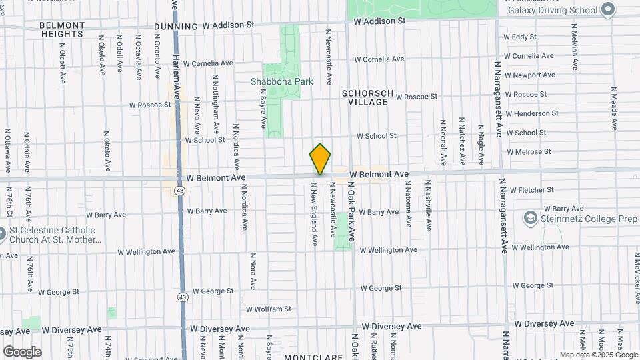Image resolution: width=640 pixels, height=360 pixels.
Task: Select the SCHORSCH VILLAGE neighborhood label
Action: [367, 97]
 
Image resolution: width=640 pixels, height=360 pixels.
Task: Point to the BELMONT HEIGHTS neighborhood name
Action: [62, 29]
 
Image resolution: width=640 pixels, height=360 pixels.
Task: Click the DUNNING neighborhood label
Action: [175, 27]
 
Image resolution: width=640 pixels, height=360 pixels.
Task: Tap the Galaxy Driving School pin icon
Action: [607, 9]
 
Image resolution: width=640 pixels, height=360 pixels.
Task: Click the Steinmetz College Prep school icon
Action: [530, 217]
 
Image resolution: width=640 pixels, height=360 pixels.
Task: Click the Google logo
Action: [22, 352]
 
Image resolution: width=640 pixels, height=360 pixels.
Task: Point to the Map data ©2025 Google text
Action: [597, 355]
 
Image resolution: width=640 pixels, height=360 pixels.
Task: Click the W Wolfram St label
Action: [269, 309]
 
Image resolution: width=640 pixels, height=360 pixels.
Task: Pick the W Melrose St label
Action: [529, 151]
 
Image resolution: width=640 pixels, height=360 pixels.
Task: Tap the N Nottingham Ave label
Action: [216, 105]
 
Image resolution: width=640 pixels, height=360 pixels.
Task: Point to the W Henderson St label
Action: [532, 113]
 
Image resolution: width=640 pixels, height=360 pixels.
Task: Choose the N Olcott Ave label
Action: [62, 64]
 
